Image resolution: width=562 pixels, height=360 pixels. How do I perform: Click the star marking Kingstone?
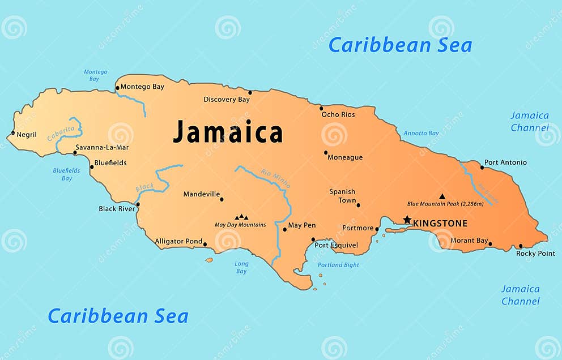pyautogui.click(x=407, y=220)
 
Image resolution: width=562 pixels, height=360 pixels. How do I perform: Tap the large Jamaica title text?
pyautogui.click(x=228, y=132)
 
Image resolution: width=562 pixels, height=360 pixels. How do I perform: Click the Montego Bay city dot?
pyautogui.click(x=117, y=88)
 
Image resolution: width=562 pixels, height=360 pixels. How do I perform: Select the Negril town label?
pyautogui.click(x=27, y=135)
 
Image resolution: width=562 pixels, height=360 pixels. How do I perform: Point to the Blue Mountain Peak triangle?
pyautogui.click(x=442, y=196)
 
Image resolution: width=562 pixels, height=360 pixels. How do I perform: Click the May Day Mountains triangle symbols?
pyautogui.click(x=241, y=217)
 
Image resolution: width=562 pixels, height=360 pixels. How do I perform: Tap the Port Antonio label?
pyautogui.click(x=505, y=162)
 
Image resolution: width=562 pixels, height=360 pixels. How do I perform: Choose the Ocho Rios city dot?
pyautogui.click(x=321, y=108)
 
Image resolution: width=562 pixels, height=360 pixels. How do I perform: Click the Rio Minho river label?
pyautogui.click(x=276, y=178)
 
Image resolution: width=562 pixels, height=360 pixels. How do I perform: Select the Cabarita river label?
pyautogui.click(x=61, y=134)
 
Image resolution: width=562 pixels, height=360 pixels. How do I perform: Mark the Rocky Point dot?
pyautogui.click(x=521, y=246)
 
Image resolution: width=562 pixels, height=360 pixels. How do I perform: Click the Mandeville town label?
pyautogui.click(x=201, y=194)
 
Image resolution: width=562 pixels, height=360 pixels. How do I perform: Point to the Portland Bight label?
pyautogui.click(x=338, y=265)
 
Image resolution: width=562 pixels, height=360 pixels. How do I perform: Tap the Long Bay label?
pyautogui.click(x=241, y=267)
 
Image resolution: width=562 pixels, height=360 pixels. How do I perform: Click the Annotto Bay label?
pyautogui.click(x=421, y=134)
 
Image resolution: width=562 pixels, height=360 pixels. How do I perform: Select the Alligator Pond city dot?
pyautogui.click(x=205, y=245)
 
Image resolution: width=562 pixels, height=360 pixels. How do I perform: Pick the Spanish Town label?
pyautogui.click(x=343, y=196)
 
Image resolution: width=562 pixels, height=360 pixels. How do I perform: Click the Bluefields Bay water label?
pyautogui.click(x=67, y=174)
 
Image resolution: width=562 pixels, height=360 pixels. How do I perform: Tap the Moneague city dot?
pyautogui.click(x=326, y=152)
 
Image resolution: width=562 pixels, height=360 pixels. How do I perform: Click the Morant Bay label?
pyautogui.click(x=469, y=241)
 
